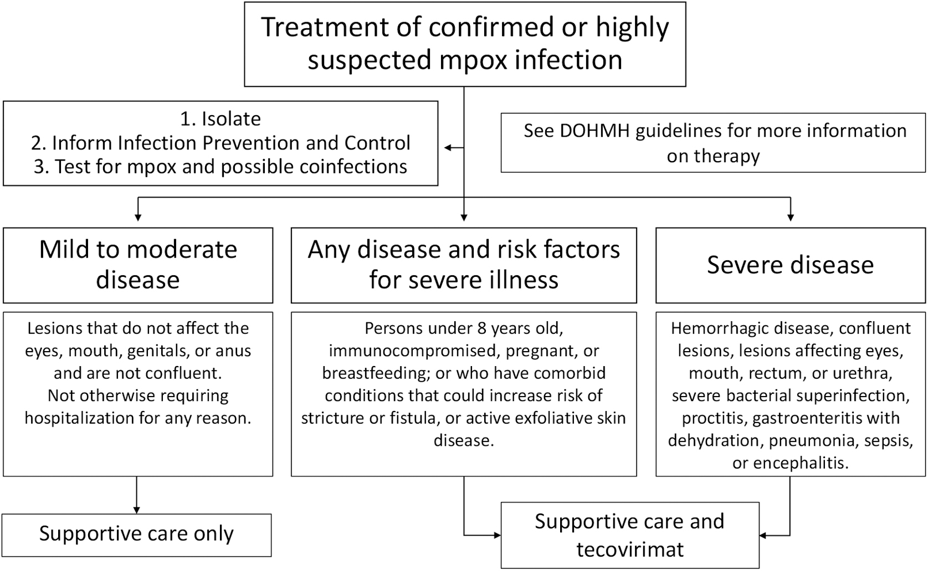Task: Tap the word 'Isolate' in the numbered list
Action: click(231, 119)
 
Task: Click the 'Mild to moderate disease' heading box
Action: click(138, 265)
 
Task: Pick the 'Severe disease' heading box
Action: click(791, 265)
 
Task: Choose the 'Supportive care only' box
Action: click(137, 535)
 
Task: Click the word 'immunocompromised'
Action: click(414, 351)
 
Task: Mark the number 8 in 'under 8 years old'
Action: click(481, 329)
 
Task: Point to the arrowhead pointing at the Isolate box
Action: click(448, 147)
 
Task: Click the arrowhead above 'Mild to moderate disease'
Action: click(138, 218)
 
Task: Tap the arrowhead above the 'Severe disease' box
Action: click(791, 218)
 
